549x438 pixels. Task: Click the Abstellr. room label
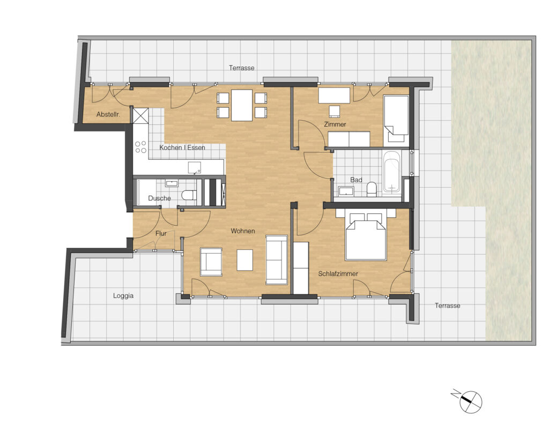click(x=108, y=115)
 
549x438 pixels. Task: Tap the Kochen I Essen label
click(x=182, y=147)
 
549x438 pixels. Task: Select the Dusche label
click(x=159, y=198)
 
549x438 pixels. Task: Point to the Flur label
click(x=161, y=233)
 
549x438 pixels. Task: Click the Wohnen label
click(x=243, y=231)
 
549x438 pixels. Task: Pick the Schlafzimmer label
click(x=338, y=274)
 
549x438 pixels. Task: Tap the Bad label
click(x=356, y=180)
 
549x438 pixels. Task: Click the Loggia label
click(x=123, y=296)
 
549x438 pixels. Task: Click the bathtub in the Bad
click(x=391, y=171)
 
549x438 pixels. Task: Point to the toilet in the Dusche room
click(x=189, y=195)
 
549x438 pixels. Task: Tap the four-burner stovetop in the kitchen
click(x=141, y=147)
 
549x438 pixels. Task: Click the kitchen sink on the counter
click(x=195, y=168)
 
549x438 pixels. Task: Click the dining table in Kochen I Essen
click(x=242, y=106)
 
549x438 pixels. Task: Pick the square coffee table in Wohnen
click(x=244, y=260)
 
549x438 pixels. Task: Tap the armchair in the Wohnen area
click(x=211, y=262)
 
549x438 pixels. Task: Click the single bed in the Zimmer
click(x=396, y=121)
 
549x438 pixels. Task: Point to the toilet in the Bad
click(x=372, y=189)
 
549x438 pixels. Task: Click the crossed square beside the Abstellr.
click(x=140, y=116)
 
